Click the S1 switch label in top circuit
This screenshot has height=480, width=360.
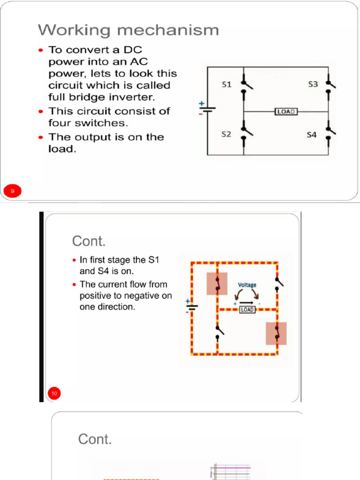pos(226,84)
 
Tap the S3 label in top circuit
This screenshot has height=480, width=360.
pos(313,84)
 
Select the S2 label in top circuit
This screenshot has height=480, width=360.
pos(226,135)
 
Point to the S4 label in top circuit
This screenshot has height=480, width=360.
pos(312,135)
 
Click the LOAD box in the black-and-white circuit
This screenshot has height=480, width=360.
pos(286,112)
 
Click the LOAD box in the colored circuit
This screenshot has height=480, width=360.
pos(247,310)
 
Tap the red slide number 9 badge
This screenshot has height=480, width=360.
pos(13,191)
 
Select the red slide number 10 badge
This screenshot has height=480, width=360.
pos(54,393)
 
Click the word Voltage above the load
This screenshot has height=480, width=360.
pos(247,285)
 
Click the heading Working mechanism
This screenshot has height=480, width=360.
pos(128,30)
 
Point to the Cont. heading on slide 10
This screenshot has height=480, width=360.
pos(89,241)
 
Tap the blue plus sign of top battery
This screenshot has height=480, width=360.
pos(202,103)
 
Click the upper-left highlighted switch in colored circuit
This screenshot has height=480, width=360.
pos(217,284)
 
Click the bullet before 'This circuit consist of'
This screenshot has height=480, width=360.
pos(42,112)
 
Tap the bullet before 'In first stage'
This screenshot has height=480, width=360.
pos(75,260)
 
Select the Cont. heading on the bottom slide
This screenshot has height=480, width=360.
pos(95,439)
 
